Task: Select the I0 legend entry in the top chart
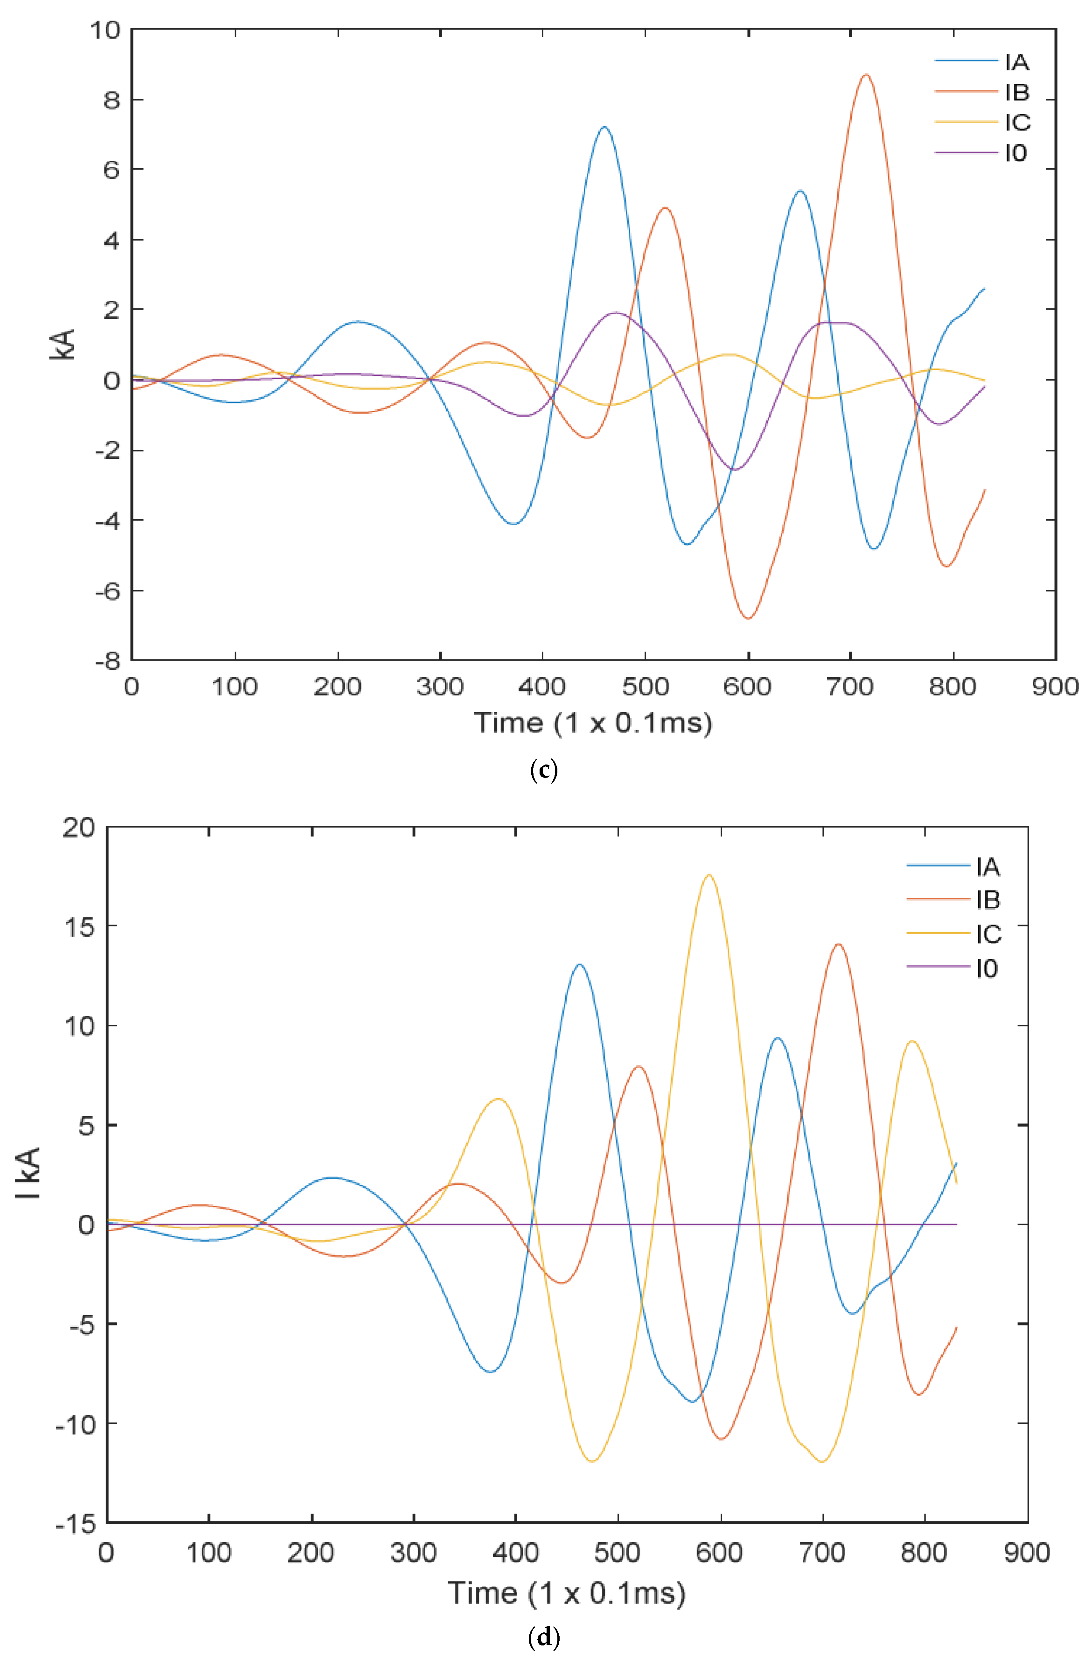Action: [x=1016, y=152]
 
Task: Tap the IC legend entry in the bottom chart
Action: [x=988, y=934]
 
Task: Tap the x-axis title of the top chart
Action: [x=592, y=722]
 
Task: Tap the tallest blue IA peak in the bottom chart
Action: [x=579, y=964]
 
